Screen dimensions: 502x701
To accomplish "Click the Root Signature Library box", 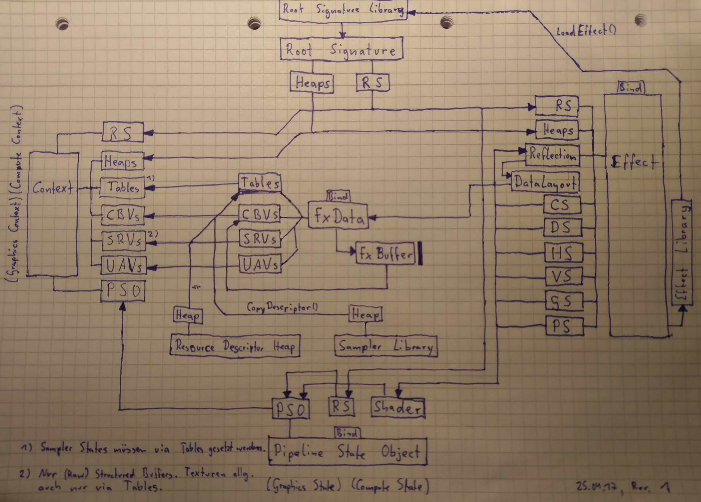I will [x=342, y=10].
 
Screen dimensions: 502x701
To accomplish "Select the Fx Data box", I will [x=338, y=216].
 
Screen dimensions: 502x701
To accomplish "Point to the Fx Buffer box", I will [x=385, y=253].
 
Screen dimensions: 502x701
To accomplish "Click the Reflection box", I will [x=552, y=155].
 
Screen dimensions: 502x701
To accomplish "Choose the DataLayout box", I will [x=545, y=181].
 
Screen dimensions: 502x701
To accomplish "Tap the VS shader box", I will [x=562, y=276].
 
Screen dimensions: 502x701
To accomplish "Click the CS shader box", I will [x=561, y=204].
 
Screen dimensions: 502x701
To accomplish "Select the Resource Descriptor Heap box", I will [x=235, y=345].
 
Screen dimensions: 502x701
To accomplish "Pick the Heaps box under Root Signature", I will [x=312, y=83].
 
